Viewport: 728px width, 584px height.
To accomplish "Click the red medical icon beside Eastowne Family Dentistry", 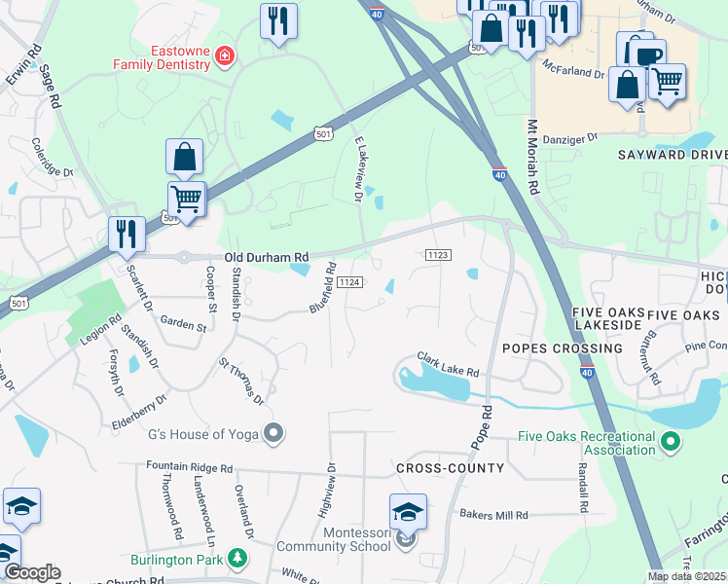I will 225,56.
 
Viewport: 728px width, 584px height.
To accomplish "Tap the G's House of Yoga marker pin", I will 274,433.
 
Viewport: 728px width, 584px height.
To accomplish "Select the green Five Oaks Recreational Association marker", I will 670,443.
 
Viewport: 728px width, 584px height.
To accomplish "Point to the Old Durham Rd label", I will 266,258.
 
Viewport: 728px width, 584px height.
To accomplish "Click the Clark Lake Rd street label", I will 449,364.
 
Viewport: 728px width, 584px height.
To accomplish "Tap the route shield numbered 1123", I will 438,255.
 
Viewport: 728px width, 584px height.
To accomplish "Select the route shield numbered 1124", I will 350,282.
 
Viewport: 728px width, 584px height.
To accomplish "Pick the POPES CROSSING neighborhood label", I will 562,347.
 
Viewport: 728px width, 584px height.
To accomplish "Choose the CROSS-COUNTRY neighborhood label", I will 450,468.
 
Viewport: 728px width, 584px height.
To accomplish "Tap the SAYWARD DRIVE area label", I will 673,155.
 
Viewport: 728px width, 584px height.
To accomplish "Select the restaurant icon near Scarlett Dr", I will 127,235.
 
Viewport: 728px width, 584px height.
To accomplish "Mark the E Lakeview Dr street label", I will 357,169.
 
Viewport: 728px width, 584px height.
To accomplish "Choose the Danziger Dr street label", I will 564,139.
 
